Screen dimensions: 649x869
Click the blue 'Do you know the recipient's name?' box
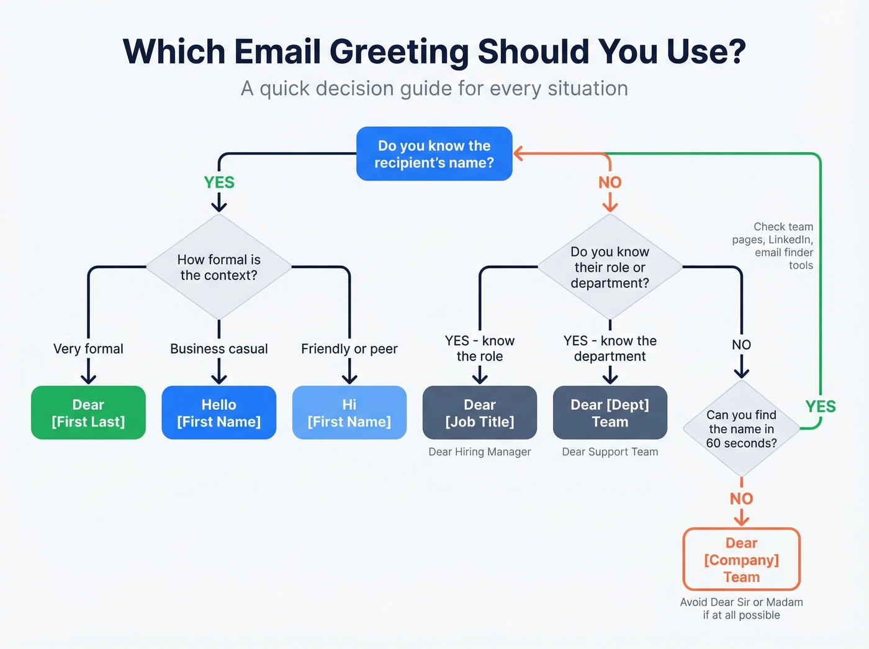[434, 154]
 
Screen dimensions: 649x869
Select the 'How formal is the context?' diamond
[218, 267]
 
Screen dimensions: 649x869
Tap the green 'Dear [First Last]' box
[88, 413]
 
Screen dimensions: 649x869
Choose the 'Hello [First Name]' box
[218, 413]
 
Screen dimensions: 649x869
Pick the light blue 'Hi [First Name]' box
[349, 413]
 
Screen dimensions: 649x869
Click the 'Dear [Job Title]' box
[480, 413]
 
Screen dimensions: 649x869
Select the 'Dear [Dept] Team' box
[610, 413]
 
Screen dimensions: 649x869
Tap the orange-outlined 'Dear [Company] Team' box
[741, 560]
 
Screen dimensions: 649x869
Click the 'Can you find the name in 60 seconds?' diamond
[741, 429]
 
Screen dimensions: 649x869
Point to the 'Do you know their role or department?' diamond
[610, 267]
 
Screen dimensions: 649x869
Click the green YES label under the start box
[219, 183]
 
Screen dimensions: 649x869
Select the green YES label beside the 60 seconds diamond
[821, 407]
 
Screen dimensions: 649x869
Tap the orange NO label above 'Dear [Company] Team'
[741, 499]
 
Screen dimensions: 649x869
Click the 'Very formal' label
[88, 349]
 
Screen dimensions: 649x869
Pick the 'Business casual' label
[218, 349]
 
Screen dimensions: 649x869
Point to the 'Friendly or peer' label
[349, 349]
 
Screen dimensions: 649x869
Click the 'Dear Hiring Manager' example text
[480, 452]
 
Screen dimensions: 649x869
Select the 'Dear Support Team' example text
[610, 452]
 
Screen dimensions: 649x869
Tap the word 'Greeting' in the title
[399, 52]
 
